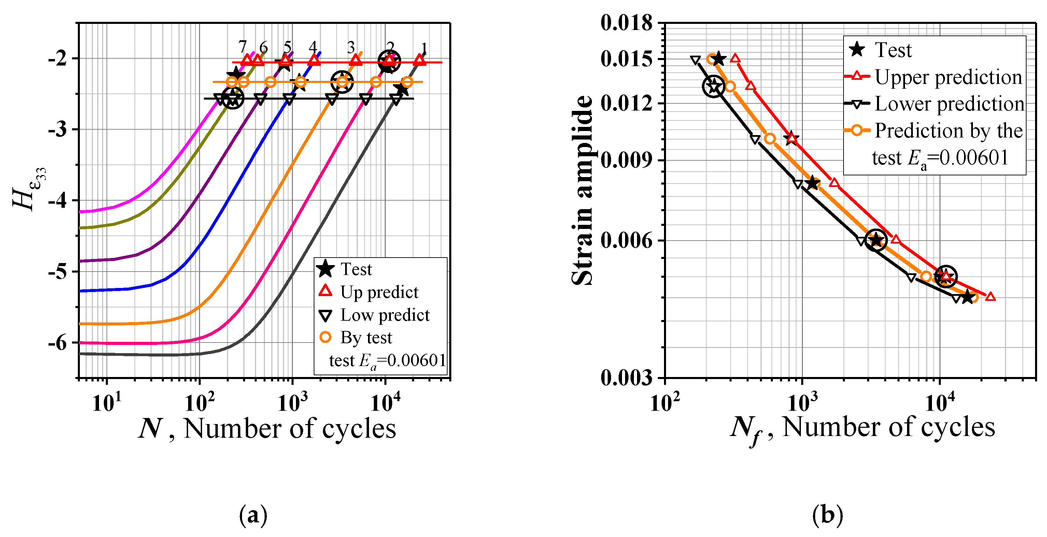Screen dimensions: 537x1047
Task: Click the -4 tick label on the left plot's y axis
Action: [57, 201]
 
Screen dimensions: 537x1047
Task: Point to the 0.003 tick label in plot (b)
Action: [626, 378]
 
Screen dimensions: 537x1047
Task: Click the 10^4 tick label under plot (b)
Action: [940, 403]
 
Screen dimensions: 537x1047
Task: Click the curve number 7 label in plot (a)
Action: [243, 47]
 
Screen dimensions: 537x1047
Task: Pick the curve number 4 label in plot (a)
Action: [313, 47]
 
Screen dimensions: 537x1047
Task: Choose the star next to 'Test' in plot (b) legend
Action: [857, 50]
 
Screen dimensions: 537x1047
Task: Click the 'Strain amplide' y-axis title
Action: [582, 190]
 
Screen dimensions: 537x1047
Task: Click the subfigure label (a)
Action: [253, 515]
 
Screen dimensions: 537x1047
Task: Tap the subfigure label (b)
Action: [827, 515]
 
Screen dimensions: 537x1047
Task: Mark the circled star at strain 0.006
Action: [876, 240]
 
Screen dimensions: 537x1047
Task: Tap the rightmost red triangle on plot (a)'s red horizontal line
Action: [420, 60]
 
